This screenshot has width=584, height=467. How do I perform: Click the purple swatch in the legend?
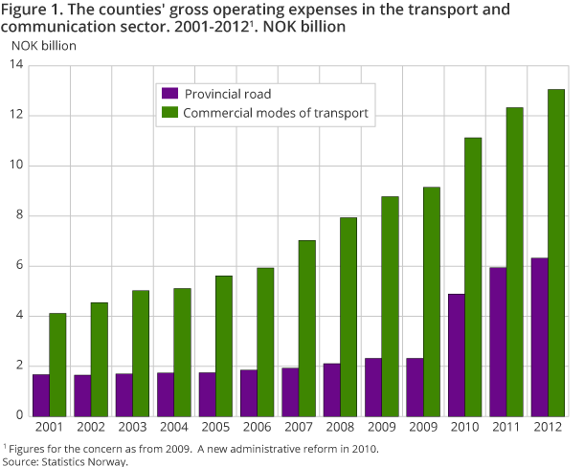coord(169,94)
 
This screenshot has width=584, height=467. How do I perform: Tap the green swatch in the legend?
coord(169,114)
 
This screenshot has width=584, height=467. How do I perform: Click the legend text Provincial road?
coord(228,94)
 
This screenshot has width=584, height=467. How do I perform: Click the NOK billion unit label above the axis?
coord(44,44)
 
